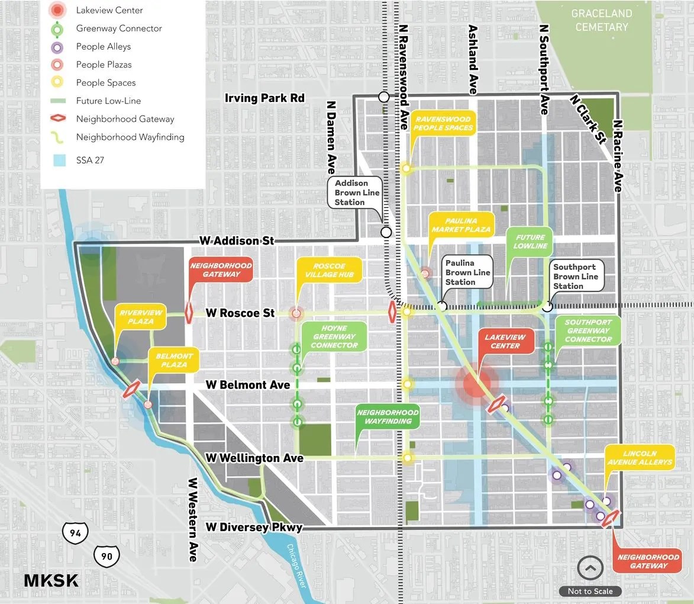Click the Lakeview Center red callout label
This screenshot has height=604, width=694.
coord(505,341)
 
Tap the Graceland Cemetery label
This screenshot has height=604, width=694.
coord(601,20)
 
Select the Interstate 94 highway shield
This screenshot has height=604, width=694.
coord(75,533)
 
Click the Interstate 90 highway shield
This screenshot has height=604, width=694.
coord(106,555)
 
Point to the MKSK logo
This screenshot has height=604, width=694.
coord(51,580)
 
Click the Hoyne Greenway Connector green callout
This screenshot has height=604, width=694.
coord(334,336)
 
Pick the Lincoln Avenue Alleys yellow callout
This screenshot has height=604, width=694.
coord(640,458)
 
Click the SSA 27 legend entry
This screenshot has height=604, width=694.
coord(90,160)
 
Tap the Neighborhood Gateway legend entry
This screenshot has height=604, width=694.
coord(125,119)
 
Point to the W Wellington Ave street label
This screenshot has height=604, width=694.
coord(254,458)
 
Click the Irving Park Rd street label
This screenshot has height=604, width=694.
coord(264,98)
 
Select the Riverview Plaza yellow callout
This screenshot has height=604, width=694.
coord(140,317)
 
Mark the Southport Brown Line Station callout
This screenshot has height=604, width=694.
coord(575,277)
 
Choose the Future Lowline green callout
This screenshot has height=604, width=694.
coord(530,242)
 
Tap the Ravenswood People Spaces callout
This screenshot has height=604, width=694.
coord(443,123)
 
